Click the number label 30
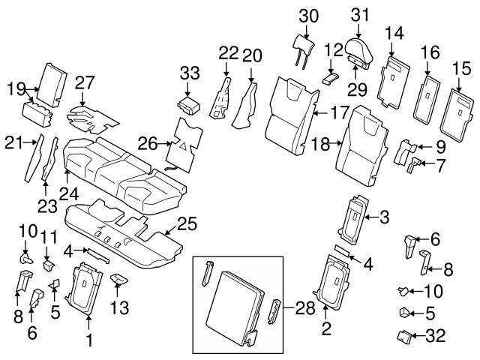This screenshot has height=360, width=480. (x=308, y=15)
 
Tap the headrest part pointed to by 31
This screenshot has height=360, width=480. (x=361, y=50)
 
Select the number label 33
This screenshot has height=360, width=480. (x=191, y=73)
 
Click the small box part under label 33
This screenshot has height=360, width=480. (x=191, y=103)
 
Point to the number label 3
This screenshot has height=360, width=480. (x=384, y=218)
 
